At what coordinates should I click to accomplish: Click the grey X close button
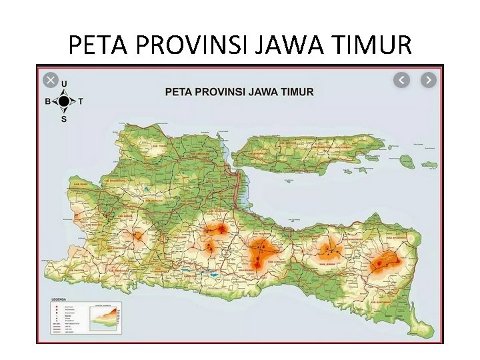click(50, 80)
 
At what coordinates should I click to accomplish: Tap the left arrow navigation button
click(401, 80)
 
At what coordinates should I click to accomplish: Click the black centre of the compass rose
click(64, 101)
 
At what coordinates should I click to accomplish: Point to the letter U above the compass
click(64, 84)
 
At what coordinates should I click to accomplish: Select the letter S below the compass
click(64, 119)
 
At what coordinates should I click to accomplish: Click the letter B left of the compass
click(47, 102)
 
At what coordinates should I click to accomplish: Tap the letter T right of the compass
click(81, 102)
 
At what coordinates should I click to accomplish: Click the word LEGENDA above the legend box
click(59, 299)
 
